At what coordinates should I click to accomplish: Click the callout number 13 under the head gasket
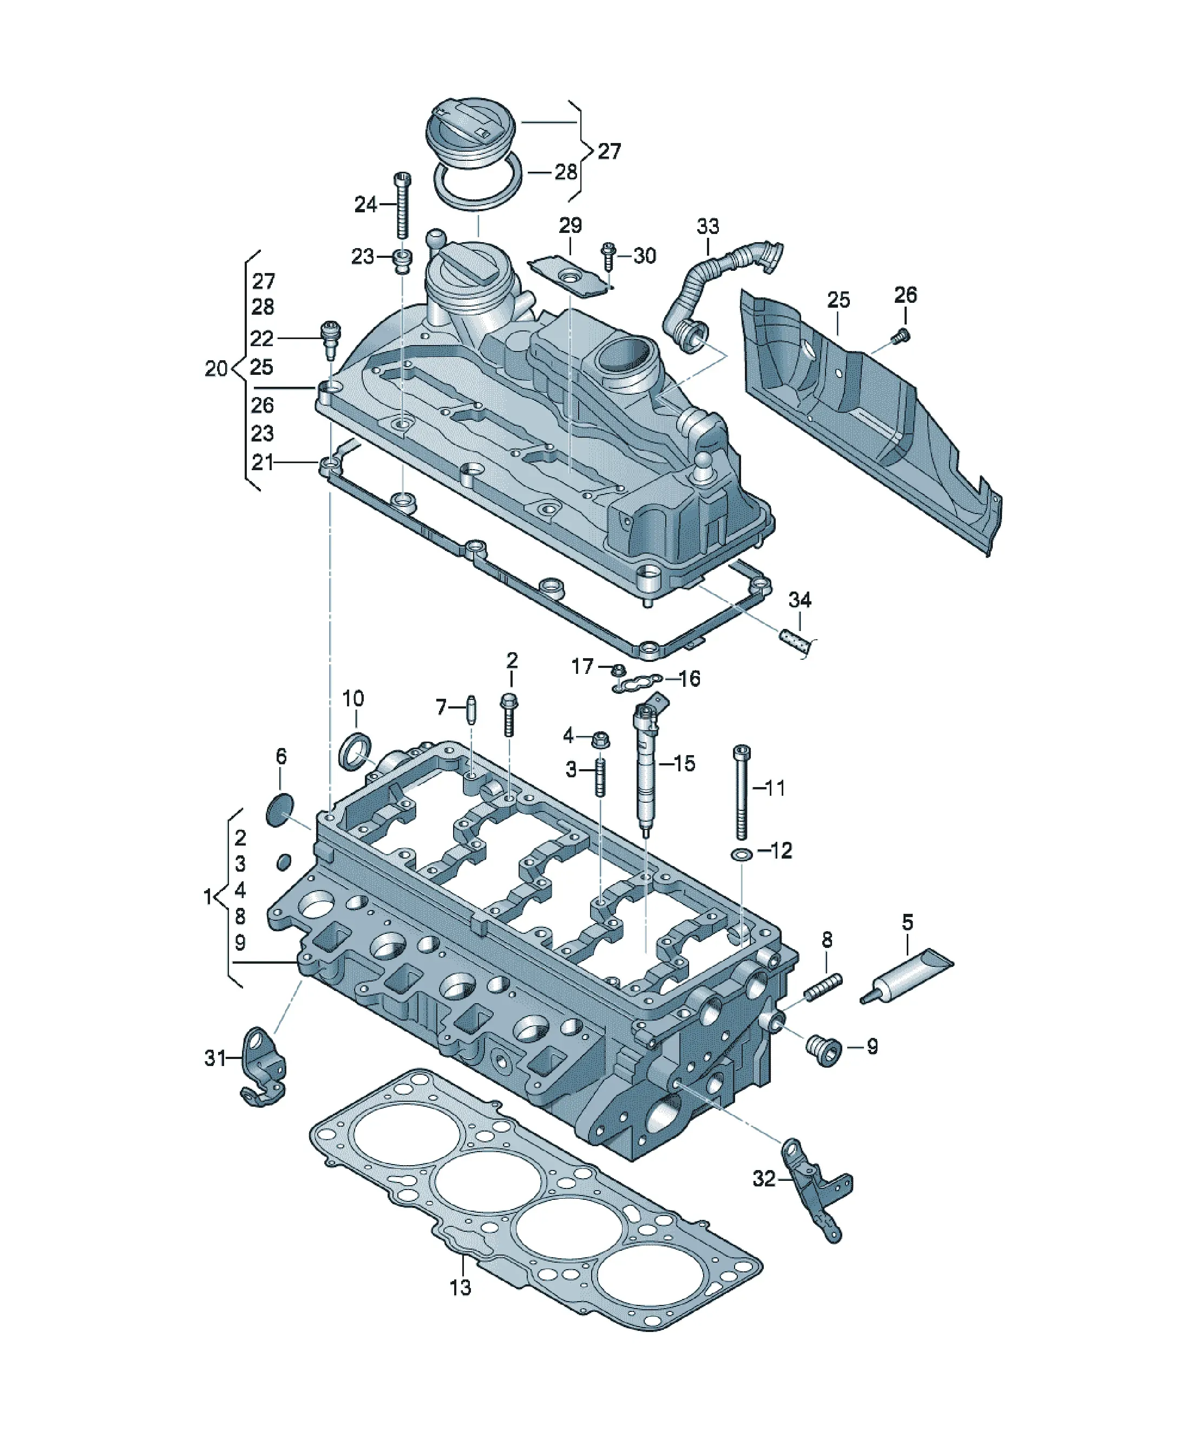[x=461, y=1288]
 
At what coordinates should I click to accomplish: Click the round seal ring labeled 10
[x=356, y=750]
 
